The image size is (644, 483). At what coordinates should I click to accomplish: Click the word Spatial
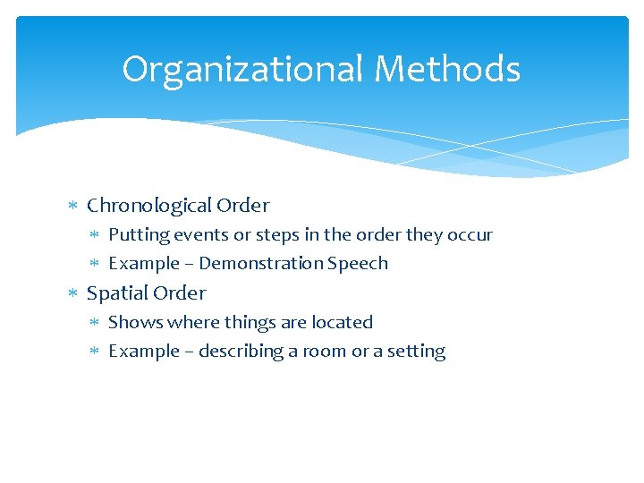[x=115, y=293]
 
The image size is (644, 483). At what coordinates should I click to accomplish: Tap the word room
[x=325, y=352]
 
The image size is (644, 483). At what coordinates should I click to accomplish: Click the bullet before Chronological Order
[x=75, y=207]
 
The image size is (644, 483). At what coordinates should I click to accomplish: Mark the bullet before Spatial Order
[x=75, y=294]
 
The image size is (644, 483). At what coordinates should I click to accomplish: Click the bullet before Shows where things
[x=97, y=323]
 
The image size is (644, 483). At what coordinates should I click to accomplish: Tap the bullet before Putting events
[x=97, y=236]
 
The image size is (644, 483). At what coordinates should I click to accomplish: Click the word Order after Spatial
[x=179, y=293]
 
